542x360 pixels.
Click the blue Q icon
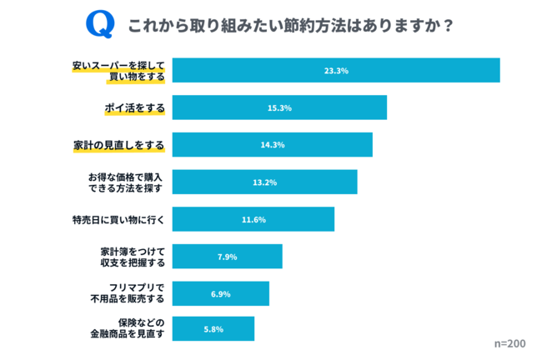point(99,24)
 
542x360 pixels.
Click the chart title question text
point(291,25)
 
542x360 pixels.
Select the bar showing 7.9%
point(227,257)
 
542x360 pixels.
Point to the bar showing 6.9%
point(220,293)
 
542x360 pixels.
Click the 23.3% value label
point(336,71)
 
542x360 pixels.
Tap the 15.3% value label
point(279,108)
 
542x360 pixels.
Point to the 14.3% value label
point(273,145)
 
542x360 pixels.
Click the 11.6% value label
point(253,220)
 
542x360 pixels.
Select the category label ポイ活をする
point(134,108)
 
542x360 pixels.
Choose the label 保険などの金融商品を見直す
point(130,328)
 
